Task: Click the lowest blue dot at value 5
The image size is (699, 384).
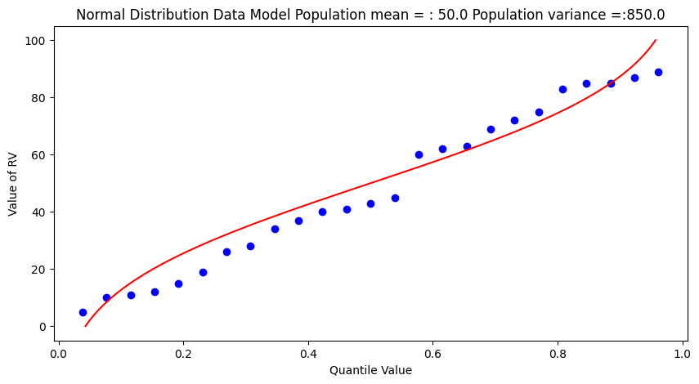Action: [83, 312]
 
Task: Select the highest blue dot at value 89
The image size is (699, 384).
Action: [658, 72]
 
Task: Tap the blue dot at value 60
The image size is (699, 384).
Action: [419, 154]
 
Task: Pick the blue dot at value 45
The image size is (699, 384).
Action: [395, 198]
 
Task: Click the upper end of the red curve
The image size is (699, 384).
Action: [655, 40]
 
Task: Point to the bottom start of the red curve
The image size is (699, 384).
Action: [86, 326]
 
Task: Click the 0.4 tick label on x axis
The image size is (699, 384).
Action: [307, 354]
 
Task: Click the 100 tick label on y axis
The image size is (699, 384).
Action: [36, 41]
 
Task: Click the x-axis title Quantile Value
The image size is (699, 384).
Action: [370, 370]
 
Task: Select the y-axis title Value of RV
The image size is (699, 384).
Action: [13, 185]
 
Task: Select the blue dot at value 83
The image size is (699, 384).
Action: [562, 89]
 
